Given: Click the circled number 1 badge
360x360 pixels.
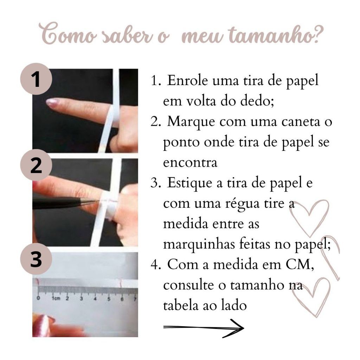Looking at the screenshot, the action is (x=36, y=79).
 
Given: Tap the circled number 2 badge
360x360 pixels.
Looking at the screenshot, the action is (x=36, y=165).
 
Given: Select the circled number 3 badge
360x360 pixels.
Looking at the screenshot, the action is (x=36, y=259).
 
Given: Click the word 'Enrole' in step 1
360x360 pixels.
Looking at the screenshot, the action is (x=187, y=81).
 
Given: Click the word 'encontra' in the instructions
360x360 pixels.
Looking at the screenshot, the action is (x=190, y=163).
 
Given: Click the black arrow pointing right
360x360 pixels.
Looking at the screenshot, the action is (x=204, y=328).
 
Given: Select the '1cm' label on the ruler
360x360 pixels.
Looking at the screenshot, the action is (x=56, y=298).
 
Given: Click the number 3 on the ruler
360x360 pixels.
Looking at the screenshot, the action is (x=81, y=299).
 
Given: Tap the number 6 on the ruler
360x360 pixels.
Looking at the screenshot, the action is (x=122, y=299).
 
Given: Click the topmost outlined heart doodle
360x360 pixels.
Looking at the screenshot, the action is (x=309, y=218).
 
